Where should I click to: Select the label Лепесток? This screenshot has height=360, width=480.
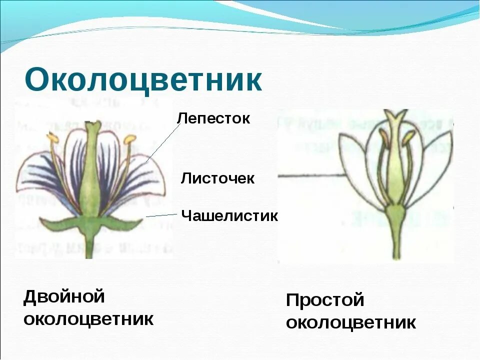point(213,118)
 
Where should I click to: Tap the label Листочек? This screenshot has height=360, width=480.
point(217,178)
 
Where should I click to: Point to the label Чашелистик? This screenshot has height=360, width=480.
point(229,216)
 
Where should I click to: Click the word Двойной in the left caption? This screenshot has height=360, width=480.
point(64,296)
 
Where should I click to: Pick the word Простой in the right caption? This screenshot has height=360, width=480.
point(325,300)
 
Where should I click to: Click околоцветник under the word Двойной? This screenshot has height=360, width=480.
point(88,318)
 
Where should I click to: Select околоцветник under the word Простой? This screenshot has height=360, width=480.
point(350,322)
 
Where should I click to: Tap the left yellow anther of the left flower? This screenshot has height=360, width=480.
point(52,137)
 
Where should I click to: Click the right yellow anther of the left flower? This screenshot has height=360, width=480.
point(130,138)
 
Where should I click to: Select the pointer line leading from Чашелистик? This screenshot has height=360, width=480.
point(161,215)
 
